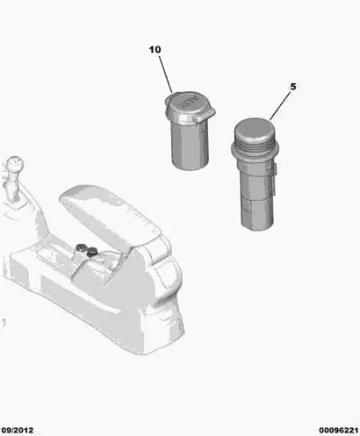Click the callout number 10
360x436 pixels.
click(x=155, y=50)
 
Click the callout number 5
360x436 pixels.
click(x=293, y=86)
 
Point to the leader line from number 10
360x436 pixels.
click(x=166, y=74)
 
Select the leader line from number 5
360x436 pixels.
click(x=280, y=106)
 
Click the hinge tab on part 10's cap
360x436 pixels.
click(x=207, y=114)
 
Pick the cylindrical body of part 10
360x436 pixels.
click(x=190, y=146)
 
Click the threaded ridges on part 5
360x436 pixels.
click(x=255, y=145)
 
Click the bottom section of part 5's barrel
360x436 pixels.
click(x=257, y=214)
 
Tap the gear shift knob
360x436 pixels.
click(x=14, y=165)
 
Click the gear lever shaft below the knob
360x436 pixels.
click(x=11, y=187)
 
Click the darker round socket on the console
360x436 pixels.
click(x=92, y=251)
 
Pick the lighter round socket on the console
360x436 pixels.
click(x=81, y=248)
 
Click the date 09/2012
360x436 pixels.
click(x=16, y=431)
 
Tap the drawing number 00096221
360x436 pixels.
click(x=339, y=431)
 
